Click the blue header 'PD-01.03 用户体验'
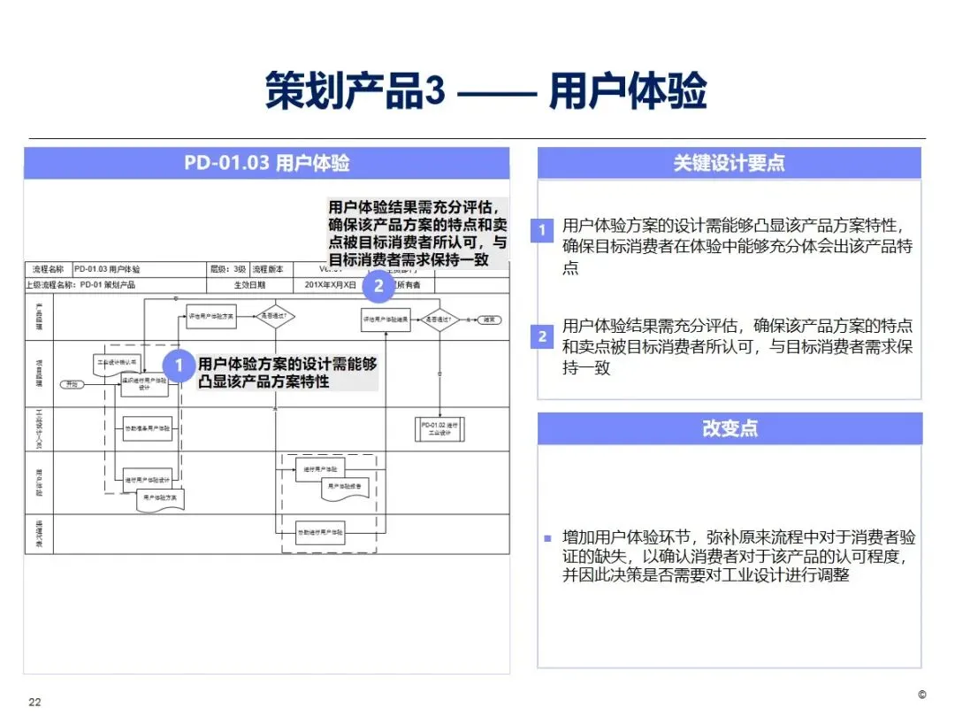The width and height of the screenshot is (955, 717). pyautogui.click(x=266, y=164)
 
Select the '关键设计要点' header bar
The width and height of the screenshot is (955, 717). pyautogui.click(x=729, y=163)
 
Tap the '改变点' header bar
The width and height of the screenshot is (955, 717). pyautogui.click(x=729, y=428)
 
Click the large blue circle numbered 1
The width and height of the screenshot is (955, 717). pyautogui.click(x=180, y=366)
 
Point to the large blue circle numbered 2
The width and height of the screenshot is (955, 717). pyautogui.click(x=378, y=285)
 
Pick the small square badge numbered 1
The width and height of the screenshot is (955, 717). pyautogui.click(x=543, y=231)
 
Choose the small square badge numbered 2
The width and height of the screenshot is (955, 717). pyautogui.click(x=543, y=336)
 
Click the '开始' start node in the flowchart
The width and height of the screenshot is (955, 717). pyautogui.click(x=71, y=384)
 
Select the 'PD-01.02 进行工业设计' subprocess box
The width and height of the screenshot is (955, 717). pyautogui.click(x=439, y=429)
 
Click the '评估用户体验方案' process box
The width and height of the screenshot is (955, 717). pyautogui.click(x=210, y=316)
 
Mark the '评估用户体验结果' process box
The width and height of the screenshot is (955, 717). pyautogui.click(x=386, y=319)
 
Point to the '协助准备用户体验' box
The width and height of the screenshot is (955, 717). pyautogui.click(x=147, y=428)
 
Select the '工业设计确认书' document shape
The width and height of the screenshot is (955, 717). pyautogui.click(x=116, y=362)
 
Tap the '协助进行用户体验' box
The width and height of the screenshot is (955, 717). pyautogui.click(x=319, y=532)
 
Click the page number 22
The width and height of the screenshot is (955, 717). pyautogui.click(x=35, y=702)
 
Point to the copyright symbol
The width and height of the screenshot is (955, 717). pyautogui.click(x=921, y=694)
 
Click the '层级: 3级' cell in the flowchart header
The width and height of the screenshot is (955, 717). pyautogui.click(x=228, y=269)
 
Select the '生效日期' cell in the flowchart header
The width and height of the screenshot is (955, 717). pyautogui.click(x=249, y=285)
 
